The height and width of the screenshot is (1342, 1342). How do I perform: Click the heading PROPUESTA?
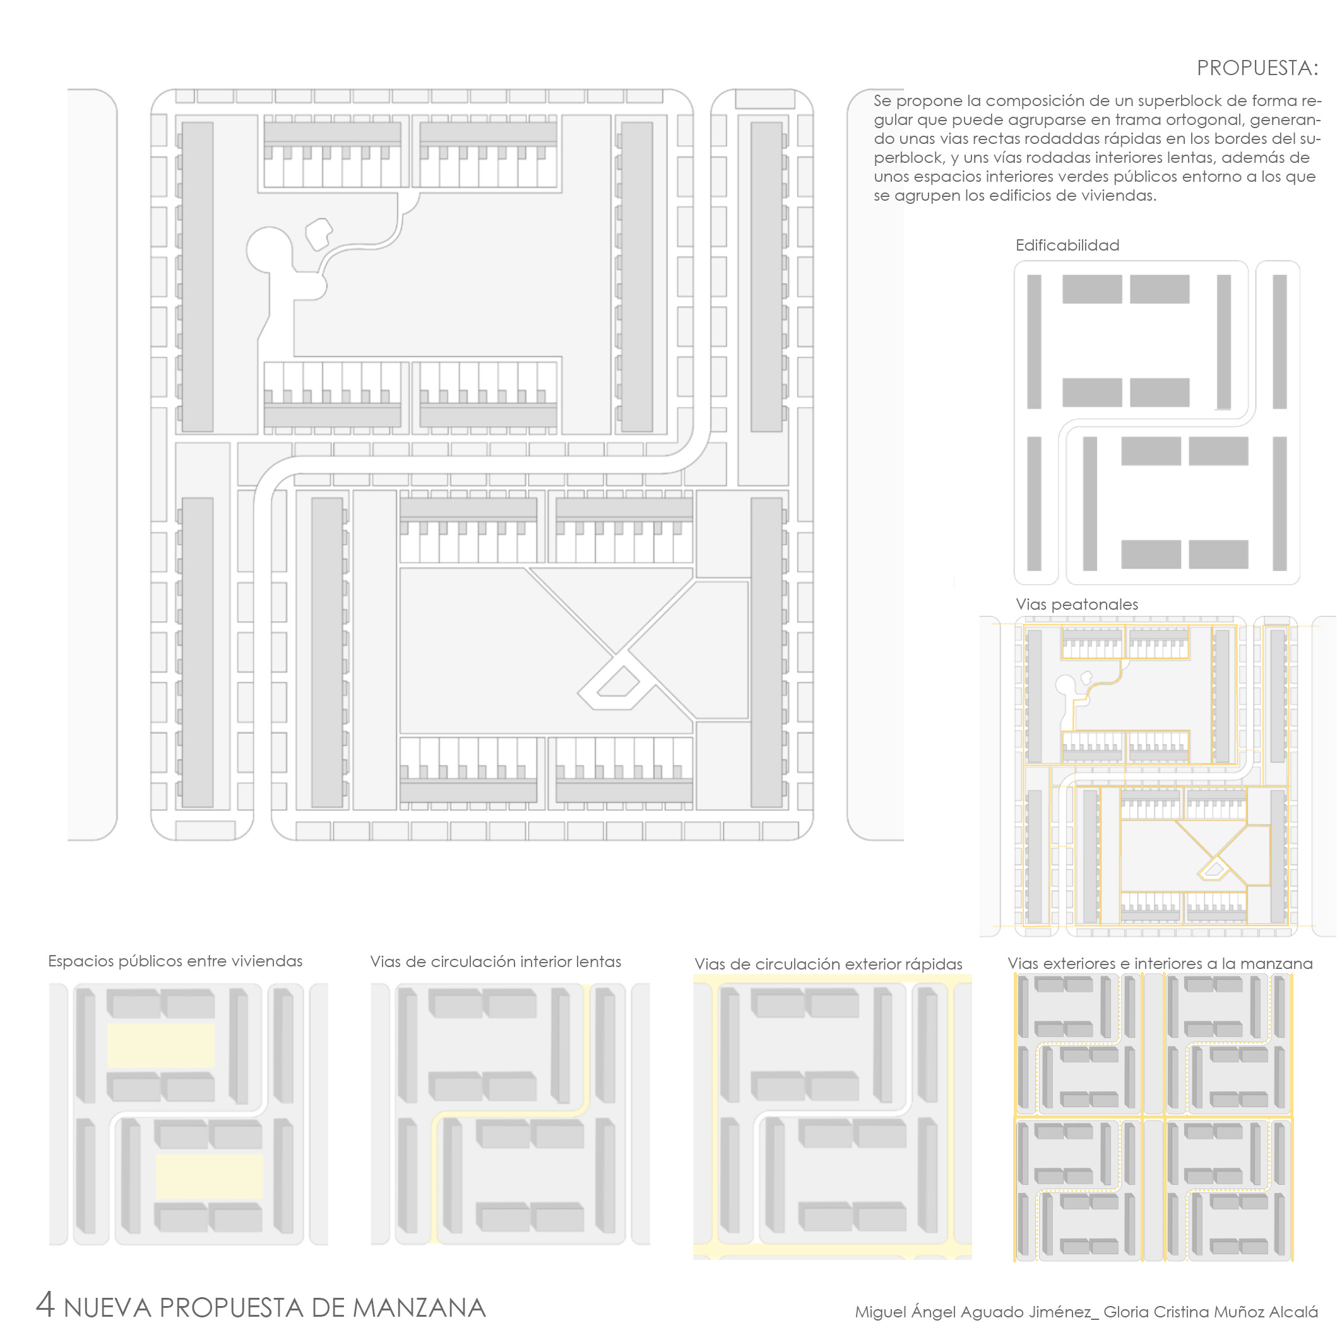[1257, 68]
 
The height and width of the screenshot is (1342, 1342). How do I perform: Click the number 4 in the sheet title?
[45, 1305]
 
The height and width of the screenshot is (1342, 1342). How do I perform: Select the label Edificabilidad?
[1067, 245]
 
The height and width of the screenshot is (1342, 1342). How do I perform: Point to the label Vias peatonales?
[1077, 604]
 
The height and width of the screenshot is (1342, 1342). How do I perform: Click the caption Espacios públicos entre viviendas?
[175, 961]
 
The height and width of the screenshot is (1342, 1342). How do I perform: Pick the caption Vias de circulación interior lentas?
[496, 961]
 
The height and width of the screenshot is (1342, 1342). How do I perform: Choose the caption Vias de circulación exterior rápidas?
[828, 964]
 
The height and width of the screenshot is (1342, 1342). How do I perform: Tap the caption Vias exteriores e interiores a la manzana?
[1160, 963]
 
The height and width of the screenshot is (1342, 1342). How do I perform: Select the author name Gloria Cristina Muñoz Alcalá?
[1211, 1312]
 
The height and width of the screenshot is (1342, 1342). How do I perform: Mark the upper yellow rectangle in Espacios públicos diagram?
[160, 1046]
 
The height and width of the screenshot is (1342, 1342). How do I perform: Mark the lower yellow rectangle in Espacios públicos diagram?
[209, 1177]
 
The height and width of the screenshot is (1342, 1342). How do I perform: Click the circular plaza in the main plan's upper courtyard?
[269, 250]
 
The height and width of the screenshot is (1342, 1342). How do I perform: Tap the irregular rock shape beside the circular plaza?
[319, 234]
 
